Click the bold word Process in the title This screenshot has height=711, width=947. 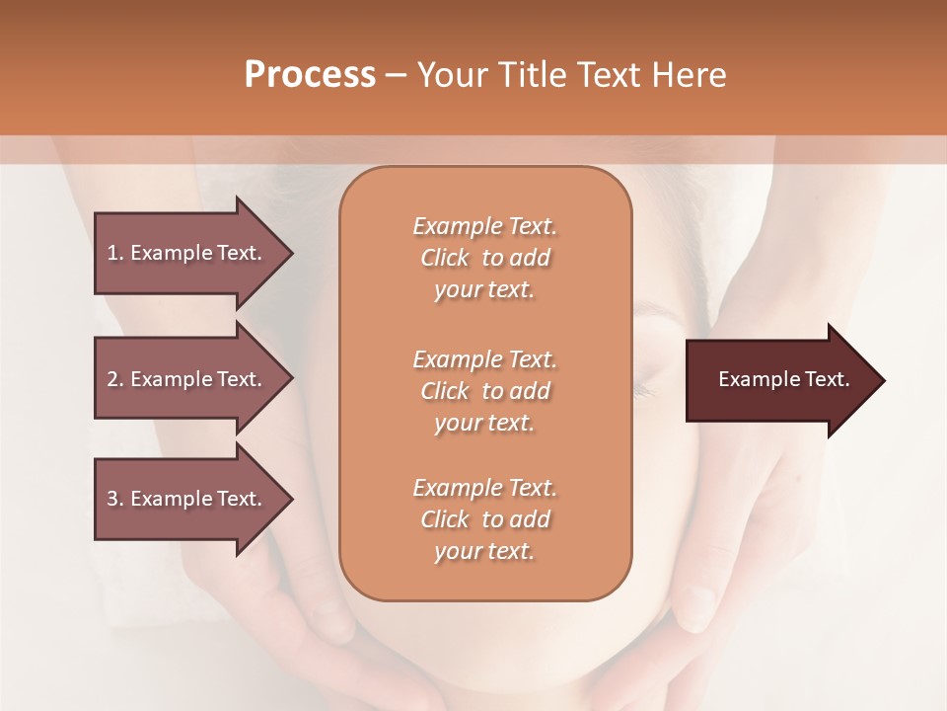point(310,75)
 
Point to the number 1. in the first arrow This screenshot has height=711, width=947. point(115,253)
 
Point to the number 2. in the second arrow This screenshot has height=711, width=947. point(115,379)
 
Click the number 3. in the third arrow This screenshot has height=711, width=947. point(115,499)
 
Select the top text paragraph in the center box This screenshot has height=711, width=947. point(484,258)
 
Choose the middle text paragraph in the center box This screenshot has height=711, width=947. point(484,391)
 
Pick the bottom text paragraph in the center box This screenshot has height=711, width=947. point(484,519)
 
